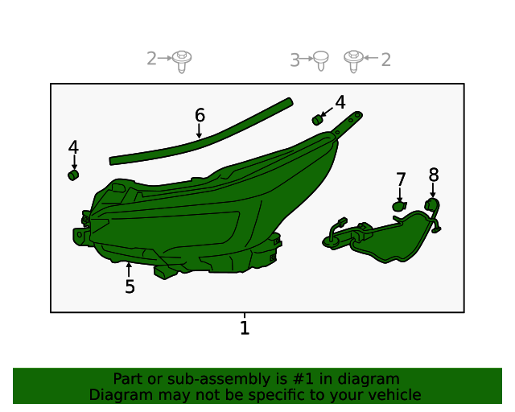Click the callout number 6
click(x=200, y=115)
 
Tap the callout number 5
click(x=130, y=286)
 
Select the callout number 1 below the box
click(x=245, y=328)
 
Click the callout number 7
click(x=401, y=179)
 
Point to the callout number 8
click(x=434, y=174)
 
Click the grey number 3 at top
click(x=295, y=60)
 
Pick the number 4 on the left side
click(x=73, y=147)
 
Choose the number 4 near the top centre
click(x=340, y=102)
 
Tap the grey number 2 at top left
click(x=151, y=58)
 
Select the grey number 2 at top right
click(x=386, y=59)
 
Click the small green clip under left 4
click(x=72, y=174)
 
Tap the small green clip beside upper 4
click(x=317, y=120)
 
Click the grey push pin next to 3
click(x=320, y=59)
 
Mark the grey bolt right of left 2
click(x=183, y=60)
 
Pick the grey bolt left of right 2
click(x=352, y=58)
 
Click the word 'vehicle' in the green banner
click(x=394, y=395)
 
